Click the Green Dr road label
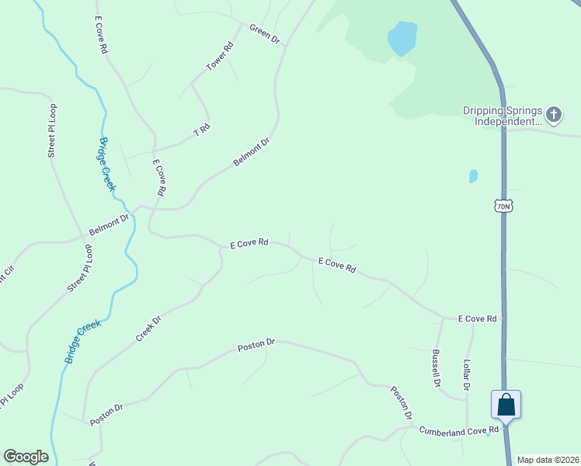coord(264,33)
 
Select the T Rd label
coord(202,130)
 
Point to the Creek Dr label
coord(148,328)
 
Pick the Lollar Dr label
coord(467,374)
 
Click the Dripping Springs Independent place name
coord(503,116)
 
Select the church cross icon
coord(553,116)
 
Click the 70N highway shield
coord(503,205)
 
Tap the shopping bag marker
coord(506,405)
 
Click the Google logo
coord(26,457)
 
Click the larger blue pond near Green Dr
coord(402,38)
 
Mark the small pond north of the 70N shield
coord(473,176)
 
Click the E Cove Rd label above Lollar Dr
coord(477,318)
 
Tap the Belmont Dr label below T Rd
coord(251,152)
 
